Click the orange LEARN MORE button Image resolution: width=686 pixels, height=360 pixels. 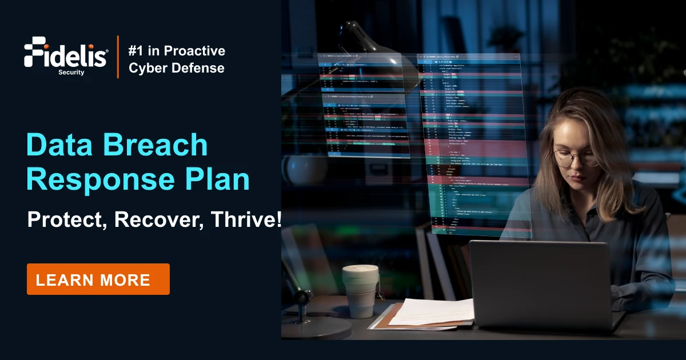(x=98, y=279)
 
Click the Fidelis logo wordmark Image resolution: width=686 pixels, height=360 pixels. (x=66, y=53)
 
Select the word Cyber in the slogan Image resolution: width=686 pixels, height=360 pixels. (x=146, y=68)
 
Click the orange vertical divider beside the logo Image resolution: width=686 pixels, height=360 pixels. (x=118, y=57)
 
